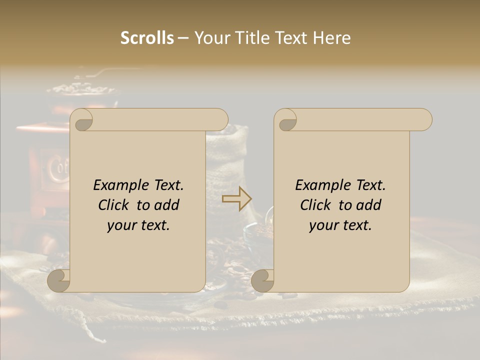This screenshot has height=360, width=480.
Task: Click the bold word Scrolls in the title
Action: pyautogui.click(x=147, y=38)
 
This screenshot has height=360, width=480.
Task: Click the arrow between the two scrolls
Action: pyautogui.click(x=237, y=199)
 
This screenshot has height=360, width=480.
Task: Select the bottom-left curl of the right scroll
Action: pyautogui.click(x=262, y=280)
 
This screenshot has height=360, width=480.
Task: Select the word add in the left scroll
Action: pyautogui.click(x=167, y=205)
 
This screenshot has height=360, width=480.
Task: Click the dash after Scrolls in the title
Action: pyautogui.click(x=183, y=38)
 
